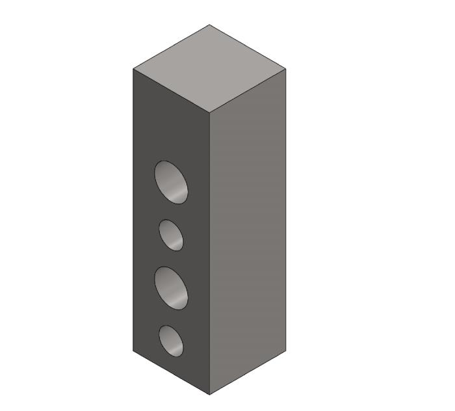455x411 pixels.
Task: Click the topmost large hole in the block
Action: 171,181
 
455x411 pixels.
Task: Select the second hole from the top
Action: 171,235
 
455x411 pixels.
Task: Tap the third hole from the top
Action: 171,287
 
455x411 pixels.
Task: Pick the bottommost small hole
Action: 171,341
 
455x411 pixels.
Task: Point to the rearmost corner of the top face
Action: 209,25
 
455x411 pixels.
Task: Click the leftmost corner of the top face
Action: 133,68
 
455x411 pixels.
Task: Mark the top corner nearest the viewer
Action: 210,112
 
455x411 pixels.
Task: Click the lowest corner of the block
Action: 209,394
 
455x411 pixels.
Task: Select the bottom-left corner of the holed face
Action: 133,351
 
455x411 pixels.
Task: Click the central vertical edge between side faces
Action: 210,254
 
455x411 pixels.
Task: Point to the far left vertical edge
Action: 133,208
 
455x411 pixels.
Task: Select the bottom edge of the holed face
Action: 171,373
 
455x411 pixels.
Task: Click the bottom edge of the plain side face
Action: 248,372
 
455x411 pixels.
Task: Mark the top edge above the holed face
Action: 172,90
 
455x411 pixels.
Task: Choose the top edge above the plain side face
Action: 248,90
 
